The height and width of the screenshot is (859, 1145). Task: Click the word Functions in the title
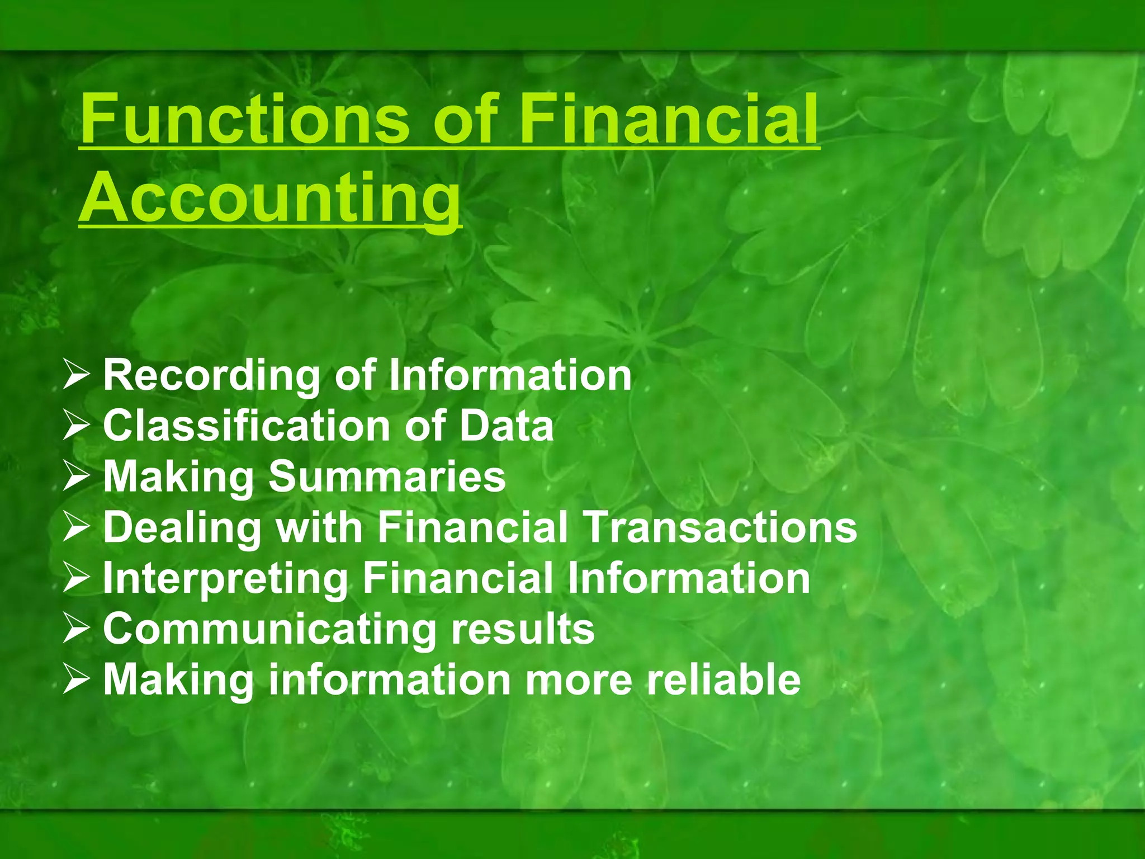(x=246, y=119)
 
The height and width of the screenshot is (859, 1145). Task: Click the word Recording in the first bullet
(x=211, y=376)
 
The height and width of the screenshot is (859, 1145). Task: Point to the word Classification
(x=247, y=426)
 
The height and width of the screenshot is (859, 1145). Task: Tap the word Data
(x=507, y=426)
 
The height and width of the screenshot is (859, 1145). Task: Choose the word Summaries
(x=387, y=476)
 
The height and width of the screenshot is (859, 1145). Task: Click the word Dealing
(x=182, y=527)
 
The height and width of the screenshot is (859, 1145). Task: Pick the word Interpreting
(x=225, y=579)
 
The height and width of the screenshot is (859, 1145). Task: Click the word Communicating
(x=269, y=629)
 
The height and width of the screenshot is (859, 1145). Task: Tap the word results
(x=523, y=629)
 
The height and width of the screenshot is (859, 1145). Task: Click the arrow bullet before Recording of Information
(x=75, y=375)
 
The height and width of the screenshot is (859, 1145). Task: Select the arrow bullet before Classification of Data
(x=75, y=426)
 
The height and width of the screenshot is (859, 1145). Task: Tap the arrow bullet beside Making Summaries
(x=75, y=477)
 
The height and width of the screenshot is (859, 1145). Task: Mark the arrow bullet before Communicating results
(x=75, y=629)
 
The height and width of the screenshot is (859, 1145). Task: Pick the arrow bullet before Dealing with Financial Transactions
(x=75, y=528)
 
